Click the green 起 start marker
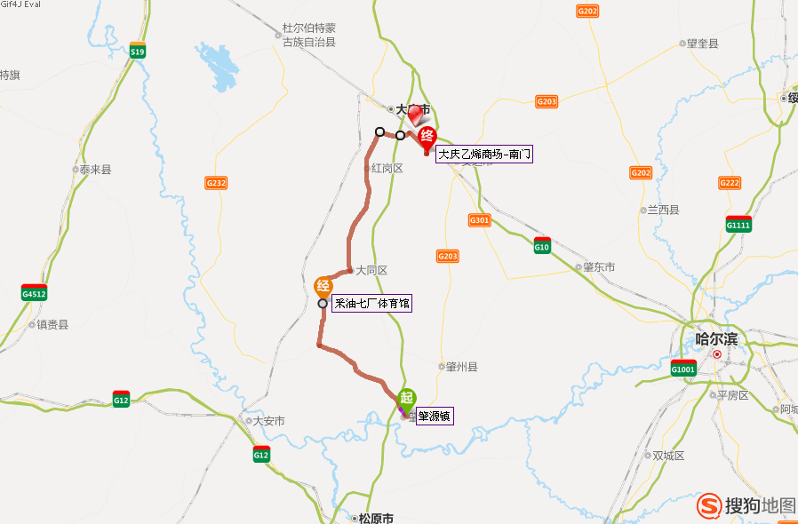coord(406,399)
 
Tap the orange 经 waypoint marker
coord(323,286)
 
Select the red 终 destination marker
coord(427,136)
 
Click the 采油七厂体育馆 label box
coord(372,304)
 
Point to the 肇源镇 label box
coord(435,415)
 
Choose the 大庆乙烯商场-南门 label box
coord(484,154)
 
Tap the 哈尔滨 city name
coord(716,338)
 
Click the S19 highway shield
coord(137,51)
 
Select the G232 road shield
coord(216,183)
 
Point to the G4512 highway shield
coord(35,292)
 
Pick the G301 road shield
coord(479,219)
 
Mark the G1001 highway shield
coord(682,368)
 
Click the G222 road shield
coord(729,183)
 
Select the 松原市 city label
coord(373,519)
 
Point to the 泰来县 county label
coord(95,169)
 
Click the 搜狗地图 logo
coord(746,505)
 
